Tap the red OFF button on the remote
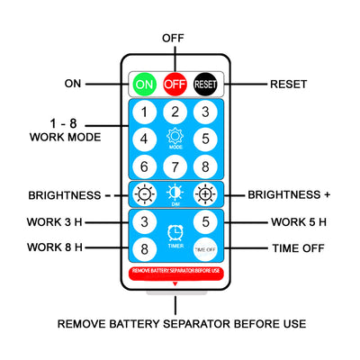(x=175, y=84)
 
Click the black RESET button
(x=205, y=84)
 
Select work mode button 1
(x=145, y=112)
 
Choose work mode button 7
(x=175, y=166)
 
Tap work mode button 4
(x=145, y=139)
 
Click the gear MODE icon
(x=175, y=138)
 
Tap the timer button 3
(x=145, y=221)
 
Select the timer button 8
(x=145, y=249)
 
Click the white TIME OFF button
(x=205, y=249)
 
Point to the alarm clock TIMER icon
(x=175, y=233)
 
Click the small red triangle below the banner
(x=175, y=283)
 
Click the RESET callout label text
(x=288, y=85)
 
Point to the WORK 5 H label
(x=299, y=222)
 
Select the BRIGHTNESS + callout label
(x=289, y=194)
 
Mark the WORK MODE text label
(x=66, y=137)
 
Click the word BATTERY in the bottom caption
(x=134, y=324)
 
